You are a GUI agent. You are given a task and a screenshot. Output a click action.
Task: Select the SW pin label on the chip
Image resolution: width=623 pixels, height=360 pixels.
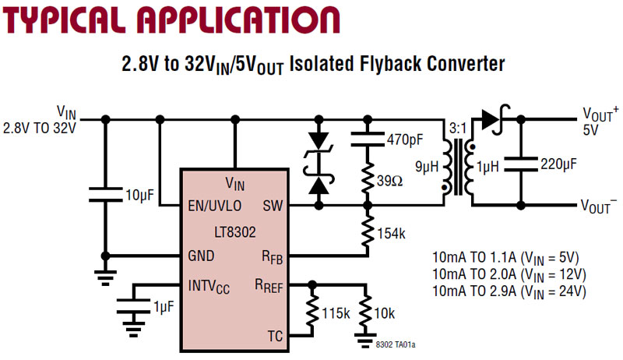272,206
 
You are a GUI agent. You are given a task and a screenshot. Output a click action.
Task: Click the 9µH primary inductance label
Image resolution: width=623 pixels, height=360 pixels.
427,166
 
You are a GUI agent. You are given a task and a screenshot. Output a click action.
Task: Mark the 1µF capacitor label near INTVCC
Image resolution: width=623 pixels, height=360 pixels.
162,308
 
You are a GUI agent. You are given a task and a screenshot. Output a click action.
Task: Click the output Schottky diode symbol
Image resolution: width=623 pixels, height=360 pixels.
491,119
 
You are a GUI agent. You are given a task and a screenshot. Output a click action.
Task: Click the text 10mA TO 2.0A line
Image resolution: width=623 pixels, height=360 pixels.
509,274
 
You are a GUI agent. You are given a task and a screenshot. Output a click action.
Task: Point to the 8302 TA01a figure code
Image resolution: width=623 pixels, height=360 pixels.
400,344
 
